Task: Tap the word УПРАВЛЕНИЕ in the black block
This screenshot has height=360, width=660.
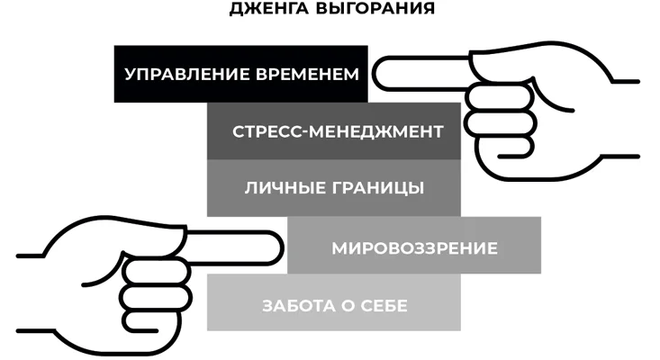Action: click(187, 75)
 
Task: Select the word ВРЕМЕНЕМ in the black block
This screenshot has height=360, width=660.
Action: click(308, 75)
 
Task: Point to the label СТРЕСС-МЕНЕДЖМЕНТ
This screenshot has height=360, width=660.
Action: click(338, 131)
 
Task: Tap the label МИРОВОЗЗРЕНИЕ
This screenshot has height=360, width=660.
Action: click(414, 248)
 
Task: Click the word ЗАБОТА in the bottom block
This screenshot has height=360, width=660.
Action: click(298, 306)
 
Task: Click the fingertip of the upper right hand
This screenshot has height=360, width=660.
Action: click(375, 74)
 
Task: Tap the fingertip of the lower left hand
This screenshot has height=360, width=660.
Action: click(281, 248)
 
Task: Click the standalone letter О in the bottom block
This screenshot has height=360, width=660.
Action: click(348, 306)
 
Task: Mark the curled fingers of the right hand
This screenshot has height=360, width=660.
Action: click(500, 122)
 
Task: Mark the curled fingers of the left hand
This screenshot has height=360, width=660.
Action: click(157, 299)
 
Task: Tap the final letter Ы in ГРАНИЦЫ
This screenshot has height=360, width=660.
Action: click(417, 188)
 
